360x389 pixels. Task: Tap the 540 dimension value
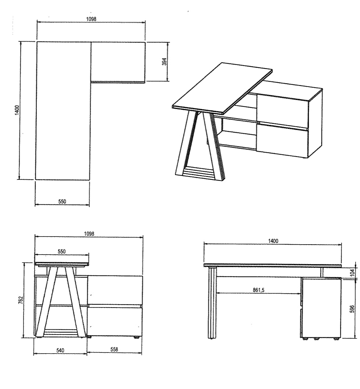point(60,350)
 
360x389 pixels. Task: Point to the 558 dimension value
point(114,349)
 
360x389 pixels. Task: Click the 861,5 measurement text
point(258,290)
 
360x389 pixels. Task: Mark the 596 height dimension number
point(352,309)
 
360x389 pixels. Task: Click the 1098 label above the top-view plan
point(91,19)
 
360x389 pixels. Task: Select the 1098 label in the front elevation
point(89,234)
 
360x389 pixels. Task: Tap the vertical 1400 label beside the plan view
point(17,110)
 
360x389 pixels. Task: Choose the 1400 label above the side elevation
point(273,241)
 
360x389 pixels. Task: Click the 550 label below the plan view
point(62,201)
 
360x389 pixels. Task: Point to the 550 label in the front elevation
point(62,251)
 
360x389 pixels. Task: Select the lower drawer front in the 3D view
point(282,141)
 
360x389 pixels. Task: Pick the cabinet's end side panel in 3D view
point(315,123)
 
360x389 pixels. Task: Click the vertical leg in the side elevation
point(212,303)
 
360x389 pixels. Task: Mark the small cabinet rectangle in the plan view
point(118,62)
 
